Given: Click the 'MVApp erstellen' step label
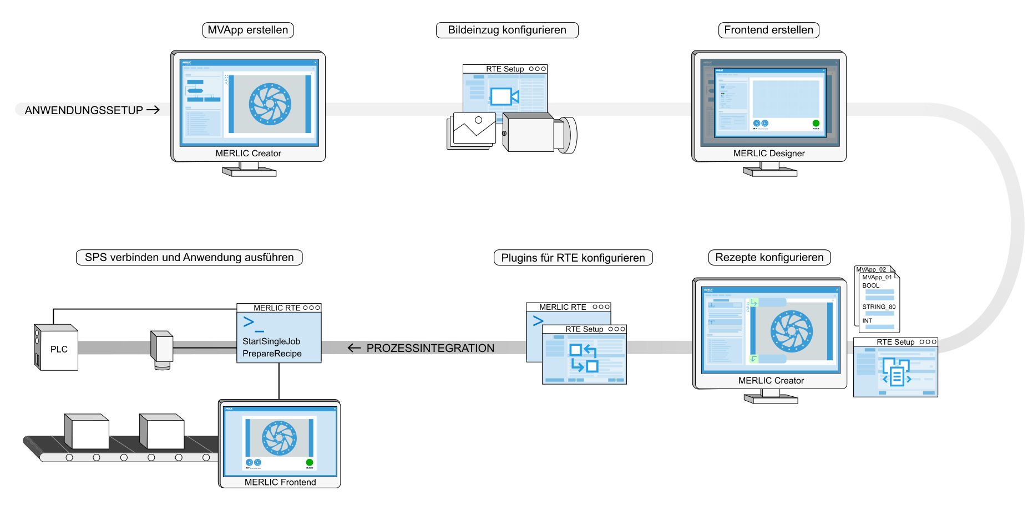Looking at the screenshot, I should (248, 30).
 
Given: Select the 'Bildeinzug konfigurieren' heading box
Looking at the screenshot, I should (507, 30).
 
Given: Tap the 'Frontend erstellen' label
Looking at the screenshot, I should (768, 30).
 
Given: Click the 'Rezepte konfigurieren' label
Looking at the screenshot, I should (769, 257).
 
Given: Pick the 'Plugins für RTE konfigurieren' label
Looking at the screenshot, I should (573, 258).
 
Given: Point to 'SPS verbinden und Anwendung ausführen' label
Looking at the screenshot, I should (189, 257).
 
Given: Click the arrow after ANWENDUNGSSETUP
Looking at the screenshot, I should (153, 110).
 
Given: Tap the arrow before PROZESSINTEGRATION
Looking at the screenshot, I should (354, 348).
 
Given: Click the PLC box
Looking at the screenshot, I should (58, 349).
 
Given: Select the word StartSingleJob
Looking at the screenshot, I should (271, 341).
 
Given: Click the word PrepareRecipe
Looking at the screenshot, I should (272, 354).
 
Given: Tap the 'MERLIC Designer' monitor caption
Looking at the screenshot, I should (769, 154).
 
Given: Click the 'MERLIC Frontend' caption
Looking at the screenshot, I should (280, 482).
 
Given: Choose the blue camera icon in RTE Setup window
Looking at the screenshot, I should (504, 96).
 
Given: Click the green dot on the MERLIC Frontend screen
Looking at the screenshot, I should (310, 462).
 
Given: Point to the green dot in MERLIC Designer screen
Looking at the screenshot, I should (816, 123).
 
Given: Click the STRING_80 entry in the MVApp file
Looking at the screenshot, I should (879, 306).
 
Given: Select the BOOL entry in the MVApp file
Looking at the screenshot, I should (870, 285).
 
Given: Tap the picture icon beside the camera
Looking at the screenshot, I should (473, 129).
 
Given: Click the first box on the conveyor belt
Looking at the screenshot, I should (87, 432).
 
